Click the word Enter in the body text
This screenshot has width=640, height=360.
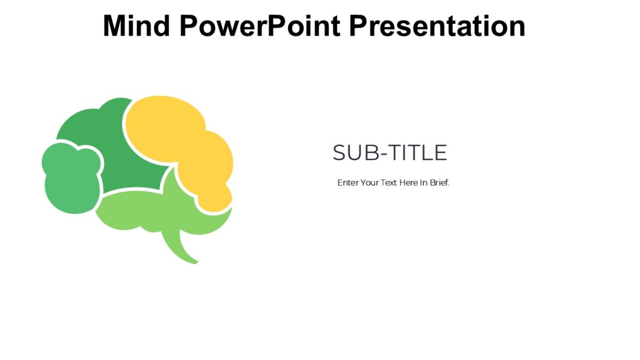[348, 182]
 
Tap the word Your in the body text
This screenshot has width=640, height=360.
[370, 182]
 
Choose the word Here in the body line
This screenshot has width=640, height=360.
[409, 182]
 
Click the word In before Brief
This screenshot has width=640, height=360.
[424, 182]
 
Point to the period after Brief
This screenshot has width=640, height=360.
[449, 185]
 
